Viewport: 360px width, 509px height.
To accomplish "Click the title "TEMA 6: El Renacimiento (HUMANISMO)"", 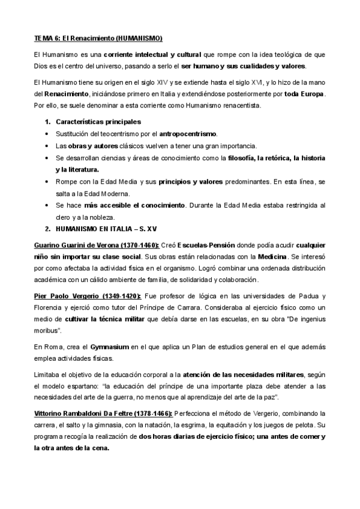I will click(x=98, y=38).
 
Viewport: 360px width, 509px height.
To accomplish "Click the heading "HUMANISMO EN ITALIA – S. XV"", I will click(x=101, y=229).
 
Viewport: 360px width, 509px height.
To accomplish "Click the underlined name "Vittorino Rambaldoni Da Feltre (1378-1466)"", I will click(x=103, y=414).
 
